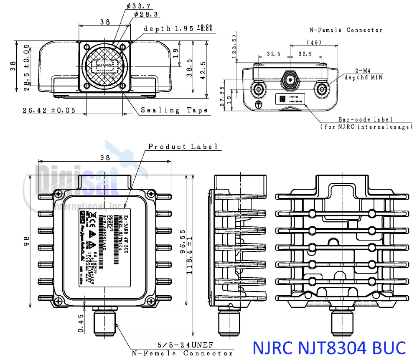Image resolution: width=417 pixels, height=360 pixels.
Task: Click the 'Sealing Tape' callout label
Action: point(174,110)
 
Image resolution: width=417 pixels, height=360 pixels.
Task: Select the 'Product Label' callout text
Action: point(183,147)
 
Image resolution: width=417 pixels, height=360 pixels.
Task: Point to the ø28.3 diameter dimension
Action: point(146,15)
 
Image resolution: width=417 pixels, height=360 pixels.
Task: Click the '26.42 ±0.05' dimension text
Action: point(49,110)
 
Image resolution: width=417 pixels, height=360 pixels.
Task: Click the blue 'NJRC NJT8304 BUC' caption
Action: point(330,347)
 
